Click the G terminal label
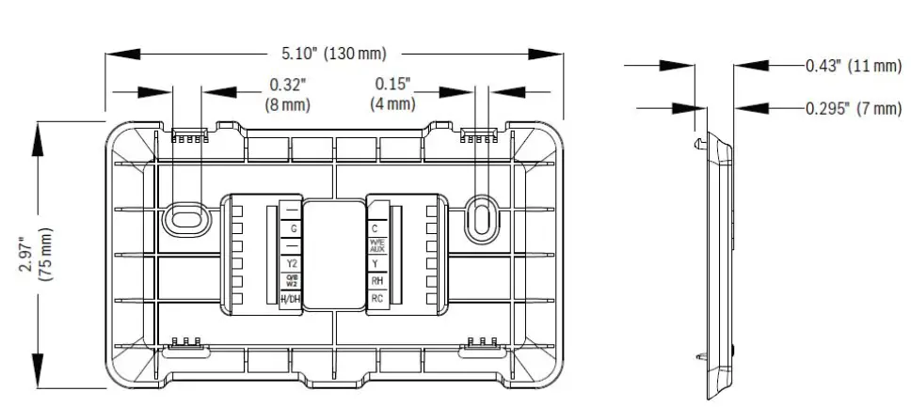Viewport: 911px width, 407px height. click(295, 228)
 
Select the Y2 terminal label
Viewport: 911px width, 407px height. click(294, 263)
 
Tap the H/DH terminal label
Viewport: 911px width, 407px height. click(293, 298)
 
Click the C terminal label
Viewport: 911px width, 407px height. click(376, 228)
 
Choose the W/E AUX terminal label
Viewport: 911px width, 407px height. click(376, 246)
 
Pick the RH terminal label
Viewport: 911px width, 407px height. click(376, 280)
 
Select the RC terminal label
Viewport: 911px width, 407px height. click(376, 298)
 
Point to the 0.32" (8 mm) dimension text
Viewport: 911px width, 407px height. click(288, 93)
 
